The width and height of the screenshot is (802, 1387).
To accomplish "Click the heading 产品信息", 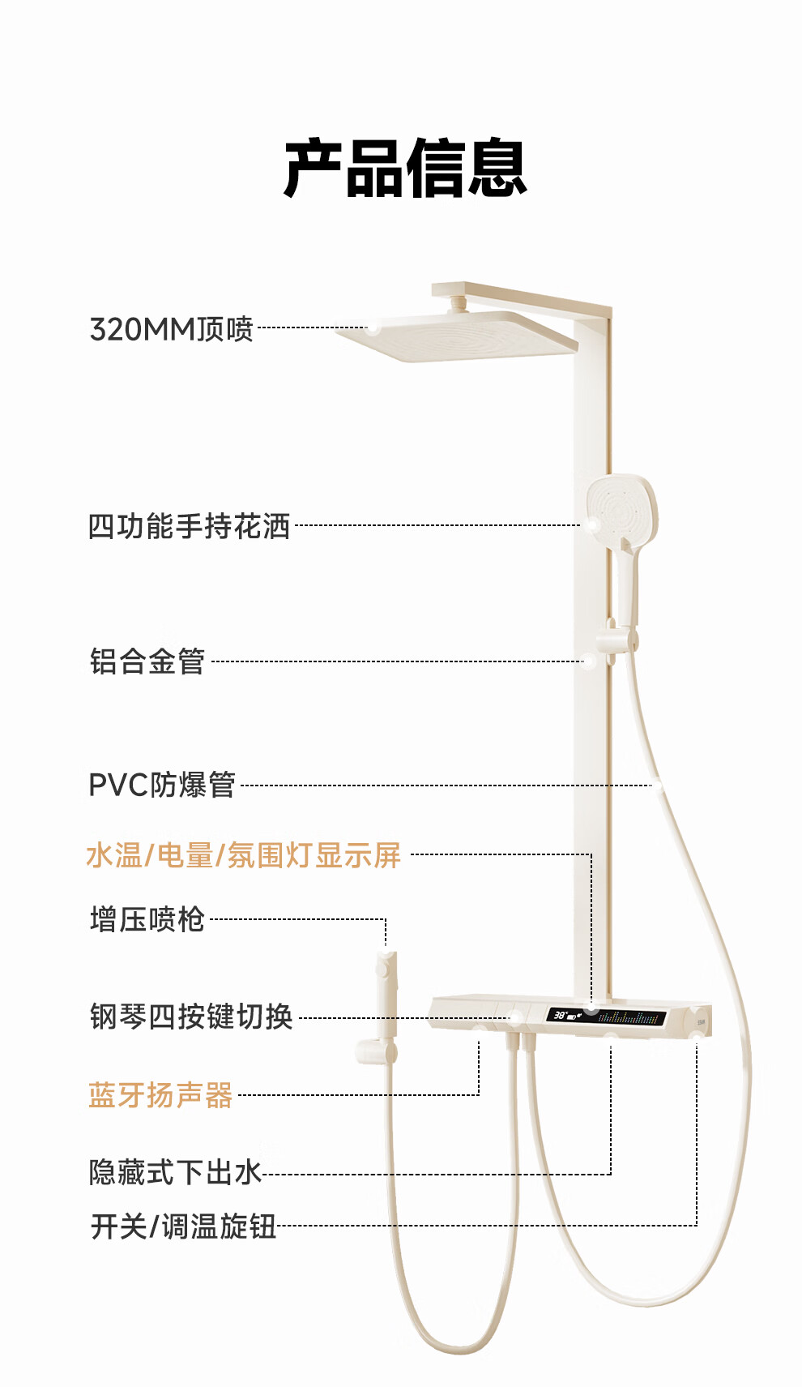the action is tap(405, 168).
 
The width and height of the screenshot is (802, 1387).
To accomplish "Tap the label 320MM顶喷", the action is tap(172, 329).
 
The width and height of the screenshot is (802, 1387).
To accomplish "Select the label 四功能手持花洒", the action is tap(189, 526).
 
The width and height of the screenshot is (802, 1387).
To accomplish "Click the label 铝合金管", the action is tap(147, 661).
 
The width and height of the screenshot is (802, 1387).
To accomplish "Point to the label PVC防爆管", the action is tap(162, 785).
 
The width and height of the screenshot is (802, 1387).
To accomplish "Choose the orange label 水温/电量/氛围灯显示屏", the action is tap(244, 855).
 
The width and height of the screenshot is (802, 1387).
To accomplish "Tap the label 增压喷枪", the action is tap(147, 919).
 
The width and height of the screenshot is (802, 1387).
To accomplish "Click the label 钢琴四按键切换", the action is tap(191, 1016).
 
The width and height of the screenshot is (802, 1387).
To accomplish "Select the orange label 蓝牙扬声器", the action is tap(160, 1094).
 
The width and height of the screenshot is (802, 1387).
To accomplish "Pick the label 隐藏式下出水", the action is tap(175, 1173).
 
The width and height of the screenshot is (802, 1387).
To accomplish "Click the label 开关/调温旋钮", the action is tap(183, 1226).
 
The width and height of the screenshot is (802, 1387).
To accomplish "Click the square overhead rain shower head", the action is tap(457, 336).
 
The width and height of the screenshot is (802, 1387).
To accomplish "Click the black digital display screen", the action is tap(606, 1016).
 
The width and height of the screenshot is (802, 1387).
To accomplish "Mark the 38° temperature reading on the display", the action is tap(560, 1015).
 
